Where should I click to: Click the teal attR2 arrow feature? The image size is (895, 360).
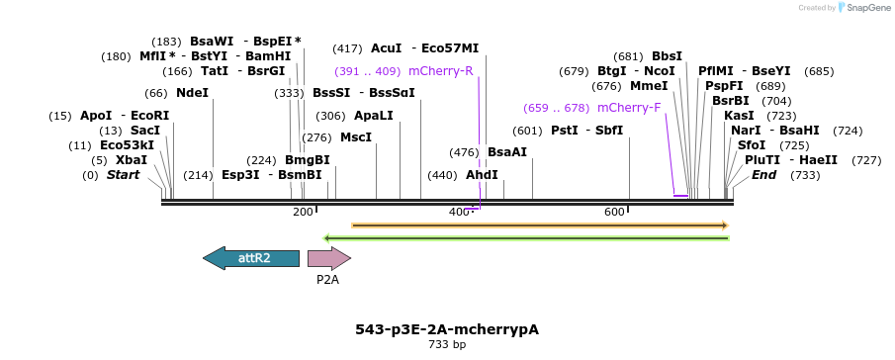[251, 258]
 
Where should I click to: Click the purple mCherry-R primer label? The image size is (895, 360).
[440, 71]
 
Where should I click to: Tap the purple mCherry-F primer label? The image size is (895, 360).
[629, 108]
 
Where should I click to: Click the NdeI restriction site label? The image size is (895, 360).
[192, 93]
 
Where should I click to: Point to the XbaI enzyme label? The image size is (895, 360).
[132, 160]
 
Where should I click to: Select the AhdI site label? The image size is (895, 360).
[482, 175]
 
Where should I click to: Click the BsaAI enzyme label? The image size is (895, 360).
[507, 152]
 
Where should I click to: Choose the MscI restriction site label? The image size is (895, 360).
[356, 137]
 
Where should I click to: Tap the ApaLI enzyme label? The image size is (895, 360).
[373, 116]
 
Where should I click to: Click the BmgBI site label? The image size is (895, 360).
[308, 160]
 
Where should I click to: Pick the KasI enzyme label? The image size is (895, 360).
[739, 116]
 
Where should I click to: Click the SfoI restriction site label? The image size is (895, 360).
[752, 145]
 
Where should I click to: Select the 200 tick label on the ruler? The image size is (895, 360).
[303, 213]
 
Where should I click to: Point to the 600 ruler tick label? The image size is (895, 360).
[614, 213]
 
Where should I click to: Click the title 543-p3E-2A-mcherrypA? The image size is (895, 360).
[447, 329]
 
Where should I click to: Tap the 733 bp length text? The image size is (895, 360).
[447, 345]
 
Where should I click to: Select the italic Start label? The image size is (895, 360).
[124, 175]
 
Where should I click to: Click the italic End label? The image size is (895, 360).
[763, 175]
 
